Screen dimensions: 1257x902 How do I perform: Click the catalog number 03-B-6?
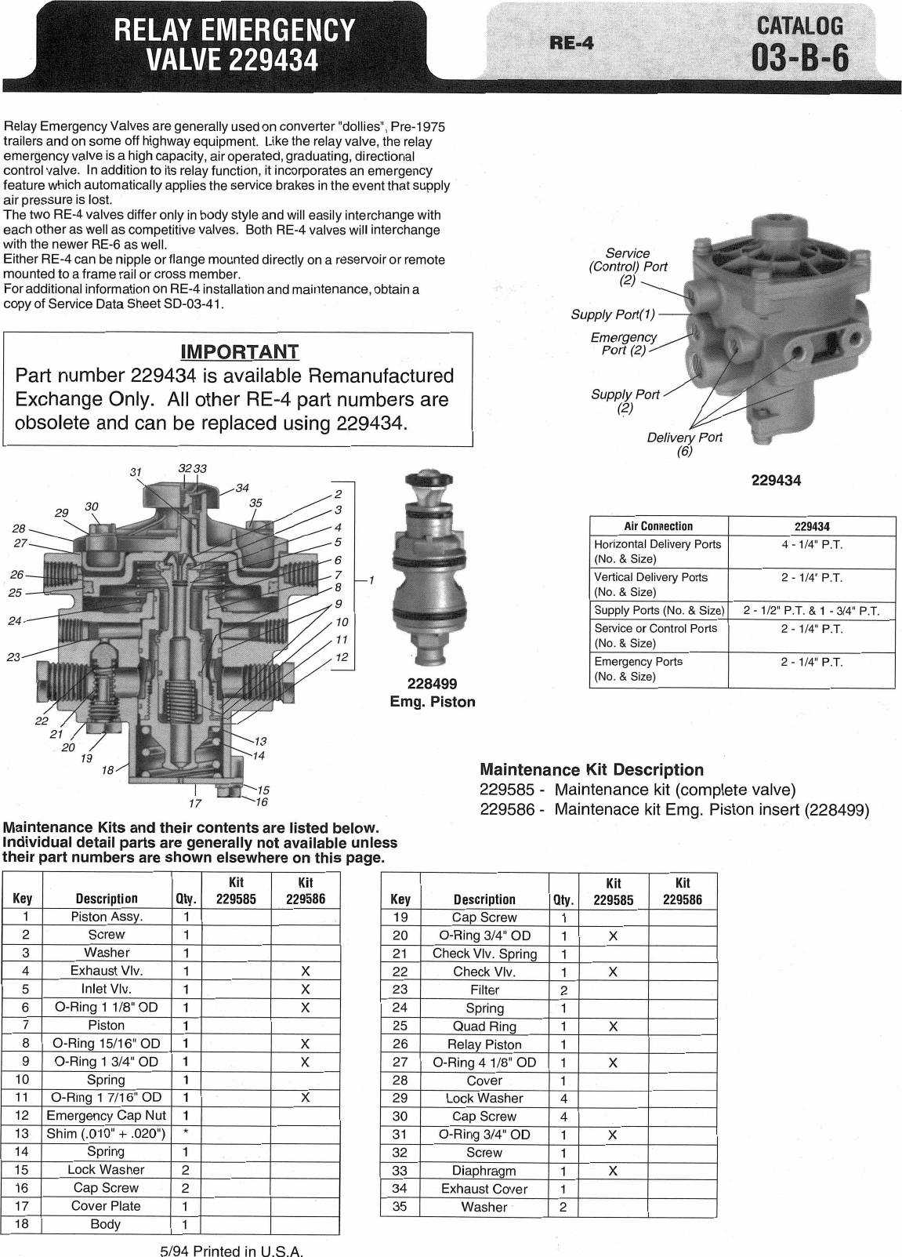click(799, 58)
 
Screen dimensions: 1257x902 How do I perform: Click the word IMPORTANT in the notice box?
click(239, 351)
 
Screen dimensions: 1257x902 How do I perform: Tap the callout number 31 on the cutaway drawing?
click(136, 472)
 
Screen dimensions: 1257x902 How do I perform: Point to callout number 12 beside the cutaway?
click(341, 657)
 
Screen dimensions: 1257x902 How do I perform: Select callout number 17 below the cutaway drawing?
click(195, 803)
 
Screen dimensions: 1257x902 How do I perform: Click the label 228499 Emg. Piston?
click(432, 692)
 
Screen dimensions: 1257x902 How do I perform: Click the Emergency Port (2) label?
click(624, 343)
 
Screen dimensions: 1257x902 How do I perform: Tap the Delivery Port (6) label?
click(684, 445)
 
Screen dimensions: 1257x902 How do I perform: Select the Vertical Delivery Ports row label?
click(650, 584)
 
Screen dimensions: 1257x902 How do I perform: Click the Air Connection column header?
click(658, 526)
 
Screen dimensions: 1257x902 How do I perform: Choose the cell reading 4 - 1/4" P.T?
click(811, 544)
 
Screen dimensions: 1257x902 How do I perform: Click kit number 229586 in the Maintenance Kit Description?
click(505, 809)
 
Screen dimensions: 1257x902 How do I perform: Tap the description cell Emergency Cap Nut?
click(106, 1115)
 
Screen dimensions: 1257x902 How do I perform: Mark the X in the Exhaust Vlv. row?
click(306, 971)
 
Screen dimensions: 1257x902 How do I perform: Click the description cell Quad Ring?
click(484, 1026)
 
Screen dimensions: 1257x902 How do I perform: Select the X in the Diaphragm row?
click(613, 1171)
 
